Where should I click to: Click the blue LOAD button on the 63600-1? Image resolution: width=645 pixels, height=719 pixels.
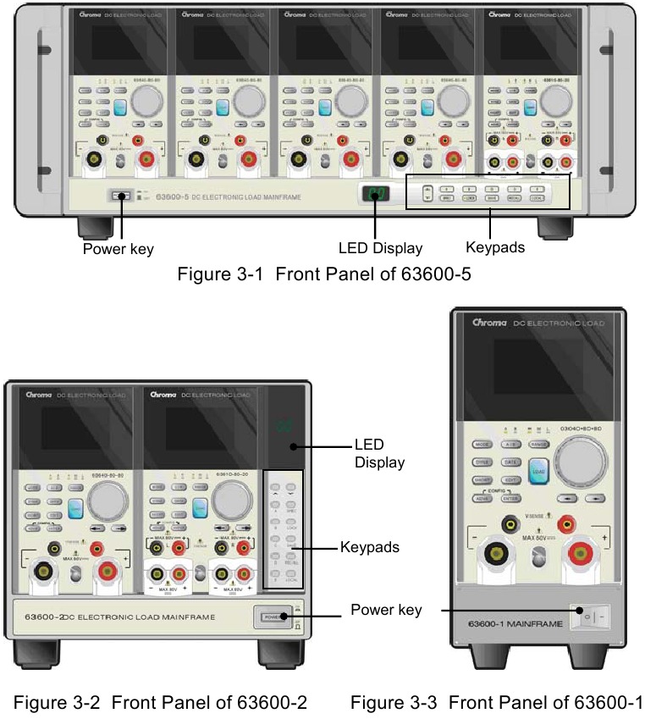pyautogui.click(x=536, y=472)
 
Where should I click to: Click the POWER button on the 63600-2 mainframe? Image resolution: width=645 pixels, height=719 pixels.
pyautogui.click(x=272, y=617)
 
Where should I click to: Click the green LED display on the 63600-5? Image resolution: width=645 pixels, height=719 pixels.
pyautogui.click(x=374, y=195)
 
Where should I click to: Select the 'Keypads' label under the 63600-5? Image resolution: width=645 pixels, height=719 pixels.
pyautogui.click(x=494, y=248)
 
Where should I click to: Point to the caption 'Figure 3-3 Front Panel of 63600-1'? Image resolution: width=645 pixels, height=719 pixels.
pyautogui.click(x=497, y=701)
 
